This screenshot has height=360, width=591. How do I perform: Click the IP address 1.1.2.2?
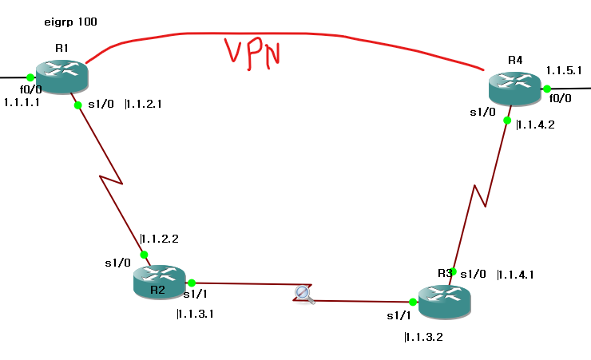point(159,238)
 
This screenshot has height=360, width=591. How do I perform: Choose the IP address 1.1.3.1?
point(195,314)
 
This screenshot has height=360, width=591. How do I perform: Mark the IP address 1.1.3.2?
point(423,337)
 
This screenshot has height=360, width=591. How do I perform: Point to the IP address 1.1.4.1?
point(515,275)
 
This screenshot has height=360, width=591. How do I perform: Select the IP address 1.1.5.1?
point(563,71)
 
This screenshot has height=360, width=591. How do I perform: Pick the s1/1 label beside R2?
point(195,295)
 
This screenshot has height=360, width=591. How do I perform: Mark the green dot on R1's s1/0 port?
point(77,105)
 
